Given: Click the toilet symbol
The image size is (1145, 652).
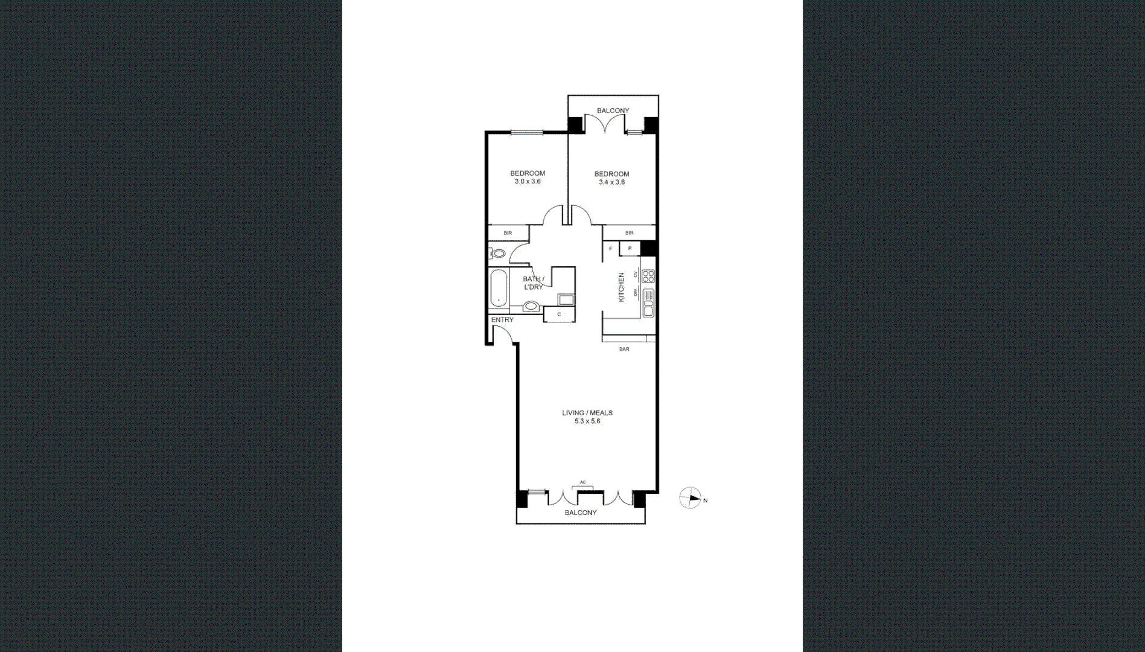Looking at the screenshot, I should [x=498, y=253].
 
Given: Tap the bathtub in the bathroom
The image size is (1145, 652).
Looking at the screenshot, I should [x=499, y=289].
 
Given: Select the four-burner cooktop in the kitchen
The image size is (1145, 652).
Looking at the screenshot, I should [x=648, y=276].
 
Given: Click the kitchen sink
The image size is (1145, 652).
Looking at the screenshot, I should [x=648, y=303].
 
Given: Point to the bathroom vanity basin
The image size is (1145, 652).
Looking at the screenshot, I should [x=531, y=306].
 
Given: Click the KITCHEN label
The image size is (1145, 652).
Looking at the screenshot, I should [x=621, y=287].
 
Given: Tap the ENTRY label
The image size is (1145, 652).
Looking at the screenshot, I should [x=502, y=320].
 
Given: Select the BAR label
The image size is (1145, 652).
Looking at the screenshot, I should [x=624, y=349].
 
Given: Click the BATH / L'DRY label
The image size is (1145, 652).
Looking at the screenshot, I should [x=534, y=283].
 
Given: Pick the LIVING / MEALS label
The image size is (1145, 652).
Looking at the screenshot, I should [x=587, y=413].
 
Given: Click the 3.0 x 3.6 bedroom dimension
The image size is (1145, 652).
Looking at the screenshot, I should [x=528, y=182].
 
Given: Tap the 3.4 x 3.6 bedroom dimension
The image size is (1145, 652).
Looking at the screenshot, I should [x=611, y=182].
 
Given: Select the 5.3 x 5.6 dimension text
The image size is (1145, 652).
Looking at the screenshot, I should [x=587, y=421].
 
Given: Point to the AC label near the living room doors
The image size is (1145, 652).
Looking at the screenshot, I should [x=582, y=482].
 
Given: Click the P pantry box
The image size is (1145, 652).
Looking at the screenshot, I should [x=630, y=248].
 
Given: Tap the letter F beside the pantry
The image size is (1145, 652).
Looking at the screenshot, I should [x=611, y=249].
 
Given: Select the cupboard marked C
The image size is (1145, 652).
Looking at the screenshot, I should [x=559, y=315].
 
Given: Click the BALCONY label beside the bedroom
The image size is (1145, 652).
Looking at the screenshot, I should [x=613, y=110].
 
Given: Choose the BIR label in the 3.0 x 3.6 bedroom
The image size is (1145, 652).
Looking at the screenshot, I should [x=508, y=233].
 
